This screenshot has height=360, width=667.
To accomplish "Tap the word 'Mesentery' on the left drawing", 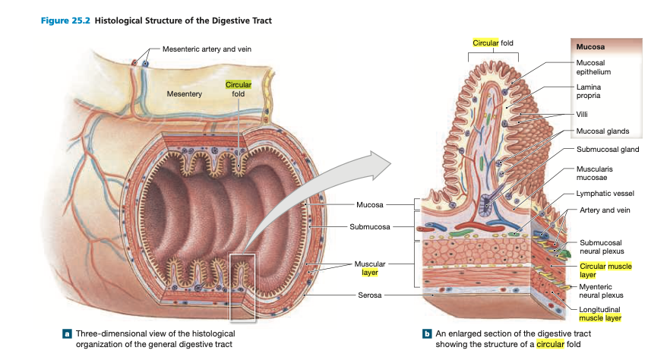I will click(x=184, y=93).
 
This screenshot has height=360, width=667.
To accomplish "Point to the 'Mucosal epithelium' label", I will click(x=593, y=66).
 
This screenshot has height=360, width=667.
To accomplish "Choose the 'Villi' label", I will click(x=583, y=114).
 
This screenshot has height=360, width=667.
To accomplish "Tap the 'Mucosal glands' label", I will click(x=602, y=131).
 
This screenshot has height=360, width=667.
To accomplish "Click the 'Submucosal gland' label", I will click(x=608, y=149).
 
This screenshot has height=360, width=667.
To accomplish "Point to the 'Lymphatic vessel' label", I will click(x=606, y=194).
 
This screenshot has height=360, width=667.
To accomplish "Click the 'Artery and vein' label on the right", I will click(x=605, y=210).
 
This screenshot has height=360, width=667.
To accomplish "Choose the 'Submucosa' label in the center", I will click(x=369, y=226).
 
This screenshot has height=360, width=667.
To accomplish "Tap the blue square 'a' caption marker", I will click(x=67, y=333).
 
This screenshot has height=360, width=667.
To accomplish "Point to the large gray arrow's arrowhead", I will click(x=384, y=163).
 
